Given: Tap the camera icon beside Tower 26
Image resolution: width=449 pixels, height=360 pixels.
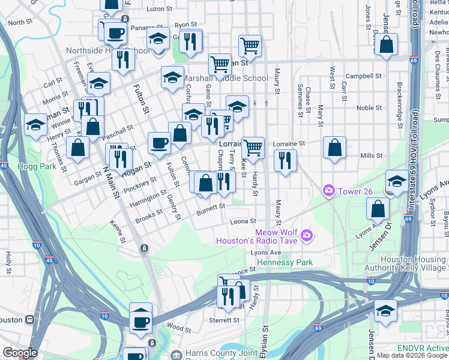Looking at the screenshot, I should point(328,191).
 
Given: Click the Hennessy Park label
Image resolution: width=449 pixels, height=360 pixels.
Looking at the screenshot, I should point(285,263).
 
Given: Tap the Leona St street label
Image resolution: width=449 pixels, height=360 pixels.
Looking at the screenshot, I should point(244,221).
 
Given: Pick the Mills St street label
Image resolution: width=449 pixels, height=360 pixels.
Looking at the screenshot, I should point(371,155).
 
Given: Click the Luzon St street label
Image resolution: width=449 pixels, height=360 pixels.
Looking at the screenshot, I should point(159,9).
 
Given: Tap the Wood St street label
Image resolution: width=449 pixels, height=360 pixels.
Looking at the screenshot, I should point(179,328).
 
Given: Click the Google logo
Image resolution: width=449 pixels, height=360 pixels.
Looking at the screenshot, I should point(20,353).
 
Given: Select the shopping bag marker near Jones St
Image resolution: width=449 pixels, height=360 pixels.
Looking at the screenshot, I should point(387,44).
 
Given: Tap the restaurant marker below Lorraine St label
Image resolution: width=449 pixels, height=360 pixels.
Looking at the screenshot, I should point(285,160).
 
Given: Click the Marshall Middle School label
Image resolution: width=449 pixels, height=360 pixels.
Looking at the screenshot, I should point(224,78).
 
